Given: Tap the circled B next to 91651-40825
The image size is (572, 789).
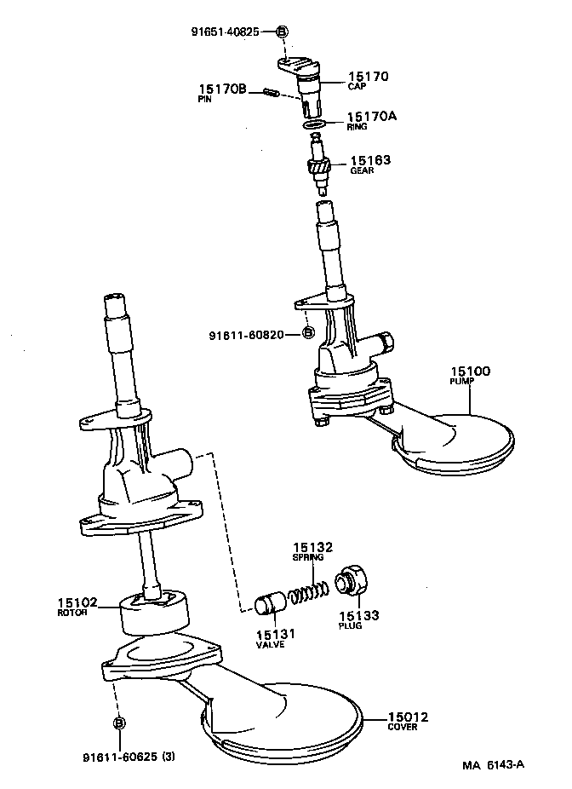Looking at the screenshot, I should [283, 32].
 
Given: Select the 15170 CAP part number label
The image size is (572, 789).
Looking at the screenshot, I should [368, 76].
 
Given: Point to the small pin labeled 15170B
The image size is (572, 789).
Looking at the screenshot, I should [272, 92].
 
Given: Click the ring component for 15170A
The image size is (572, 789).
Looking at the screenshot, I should [315, 125].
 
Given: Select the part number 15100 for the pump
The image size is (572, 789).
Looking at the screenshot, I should [470, 371].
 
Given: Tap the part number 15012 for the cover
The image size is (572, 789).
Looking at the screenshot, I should [408, 717].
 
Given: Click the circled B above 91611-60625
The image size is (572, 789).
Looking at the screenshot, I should [119, 723].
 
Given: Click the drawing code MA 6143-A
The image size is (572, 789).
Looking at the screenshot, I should [493, 764].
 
